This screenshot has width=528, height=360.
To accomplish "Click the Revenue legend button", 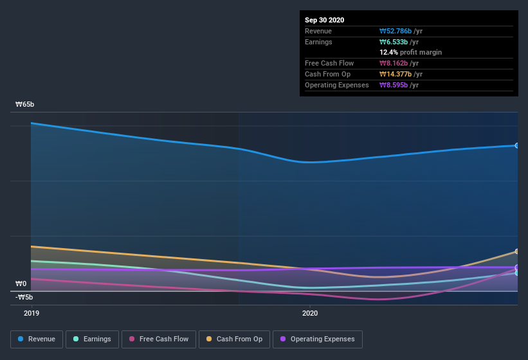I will (37, 339).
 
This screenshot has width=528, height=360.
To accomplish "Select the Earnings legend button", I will (93, 339).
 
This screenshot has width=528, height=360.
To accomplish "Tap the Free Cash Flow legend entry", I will (159, 339).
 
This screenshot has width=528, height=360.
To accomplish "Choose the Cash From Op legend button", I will (234, 339).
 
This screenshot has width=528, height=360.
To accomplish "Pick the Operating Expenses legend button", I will (317, 339).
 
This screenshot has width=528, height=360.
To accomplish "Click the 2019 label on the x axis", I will (32, 313).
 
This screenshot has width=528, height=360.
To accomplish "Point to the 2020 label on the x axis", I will (310, 313).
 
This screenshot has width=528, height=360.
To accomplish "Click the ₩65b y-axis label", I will (25, 104).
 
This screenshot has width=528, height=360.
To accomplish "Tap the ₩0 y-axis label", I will (21, 283).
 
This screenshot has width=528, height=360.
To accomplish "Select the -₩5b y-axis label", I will (25, 297).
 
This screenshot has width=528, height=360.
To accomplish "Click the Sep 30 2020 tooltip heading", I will (324, 20).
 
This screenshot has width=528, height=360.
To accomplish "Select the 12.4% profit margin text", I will (410, 53).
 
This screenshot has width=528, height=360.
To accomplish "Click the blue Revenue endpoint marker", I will (517, 145).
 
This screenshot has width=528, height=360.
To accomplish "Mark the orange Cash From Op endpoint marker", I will (517, 251).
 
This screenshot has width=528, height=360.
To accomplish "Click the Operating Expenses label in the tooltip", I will (336, 85).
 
